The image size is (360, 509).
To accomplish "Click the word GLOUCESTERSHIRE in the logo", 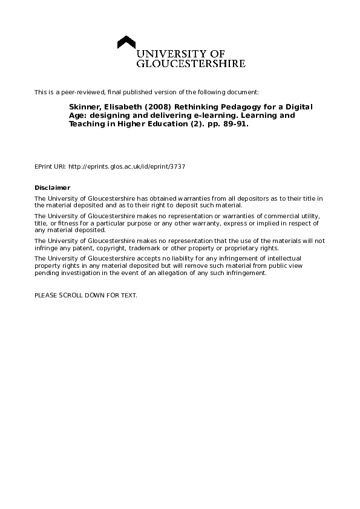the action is [x=191, y=63].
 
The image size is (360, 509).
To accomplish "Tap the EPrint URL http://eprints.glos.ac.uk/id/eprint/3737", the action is [x=127, y=166].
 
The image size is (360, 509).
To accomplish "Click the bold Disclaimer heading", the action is [x=53, y=187].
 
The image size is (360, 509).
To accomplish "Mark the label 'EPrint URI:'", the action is [x=50, y=166].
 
